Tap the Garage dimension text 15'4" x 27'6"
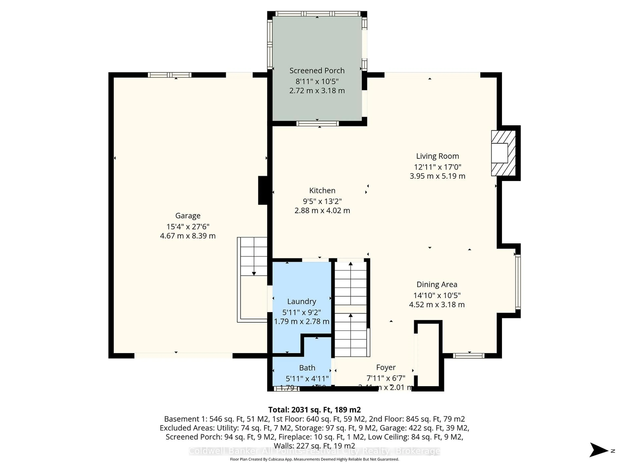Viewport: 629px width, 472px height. (x=188, y=227)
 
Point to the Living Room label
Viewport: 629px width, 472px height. (x=437, y=156)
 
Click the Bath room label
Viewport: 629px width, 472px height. (x=307, y=368)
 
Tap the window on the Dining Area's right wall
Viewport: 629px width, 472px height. (x=518, y=282)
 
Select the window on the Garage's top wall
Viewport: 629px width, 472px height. (x=170, y=75)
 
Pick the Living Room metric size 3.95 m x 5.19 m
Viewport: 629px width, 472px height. (x=437, y=176)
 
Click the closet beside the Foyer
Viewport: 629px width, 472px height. (x=428, y=356)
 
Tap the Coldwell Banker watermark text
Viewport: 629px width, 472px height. (x=314, y=451)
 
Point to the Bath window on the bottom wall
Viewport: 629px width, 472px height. (x=287, y=389)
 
